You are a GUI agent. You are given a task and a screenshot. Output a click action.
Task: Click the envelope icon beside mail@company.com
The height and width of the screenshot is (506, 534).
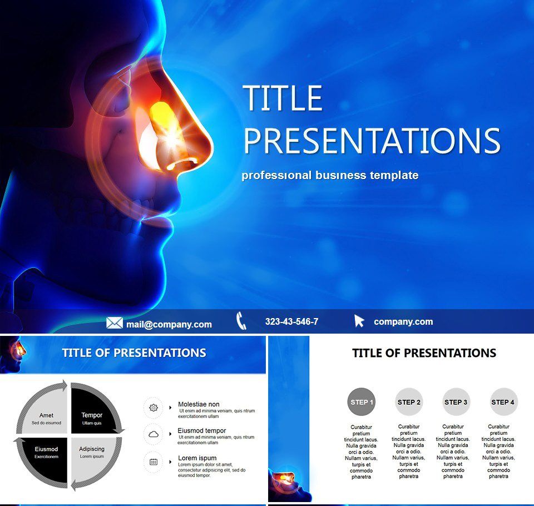click(114, 323)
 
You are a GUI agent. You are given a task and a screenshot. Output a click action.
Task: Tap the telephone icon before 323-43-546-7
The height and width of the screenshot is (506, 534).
click(241, 321)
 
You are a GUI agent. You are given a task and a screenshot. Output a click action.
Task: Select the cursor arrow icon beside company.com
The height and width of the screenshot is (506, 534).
click(359, 321)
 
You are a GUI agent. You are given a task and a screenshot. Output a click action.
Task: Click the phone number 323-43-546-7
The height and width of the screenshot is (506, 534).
click(291, 321)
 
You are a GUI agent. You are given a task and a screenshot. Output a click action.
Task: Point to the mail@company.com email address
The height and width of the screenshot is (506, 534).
click(169, 324)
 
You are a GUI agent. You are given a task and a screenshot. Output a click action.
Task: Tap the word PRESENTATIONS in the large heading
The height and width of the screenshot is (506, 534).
click(372, 141)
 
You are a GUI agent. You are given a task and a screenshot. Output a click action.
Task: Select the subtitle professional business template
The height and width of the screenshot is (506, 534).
click(330, 175)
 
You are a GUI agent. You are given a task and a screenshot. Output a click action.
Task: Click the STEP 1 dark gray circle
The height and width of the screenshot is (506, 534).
click(362, 402)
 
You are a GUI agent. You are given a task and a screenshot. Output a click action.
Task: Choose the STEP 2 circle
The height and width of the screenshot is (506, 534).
click(409, 402)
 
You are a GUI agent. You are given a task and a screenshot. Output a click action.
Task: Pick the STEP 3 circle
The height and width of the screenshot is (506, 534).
click(456, 402)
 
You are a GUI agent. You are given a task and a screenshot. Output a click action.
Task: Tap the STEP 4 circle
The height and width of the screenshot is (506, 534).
click(503, 402)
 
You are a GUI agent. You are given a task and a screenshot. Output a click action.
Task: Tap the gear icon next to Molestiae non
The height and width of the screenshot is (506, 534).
click(154, 408)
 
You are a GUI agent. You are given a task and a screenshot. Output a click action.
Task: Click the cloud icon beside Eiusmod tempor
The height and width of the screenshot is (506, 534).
click(154, 434)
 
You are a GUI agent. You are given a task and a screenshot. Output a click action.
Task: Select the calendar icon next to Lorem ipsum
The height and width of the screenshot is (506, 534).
click(154, 462)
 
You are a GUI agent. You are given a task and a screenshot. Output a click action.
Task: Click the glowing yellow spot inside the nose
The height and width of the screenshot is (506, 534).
click(161, 114)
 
